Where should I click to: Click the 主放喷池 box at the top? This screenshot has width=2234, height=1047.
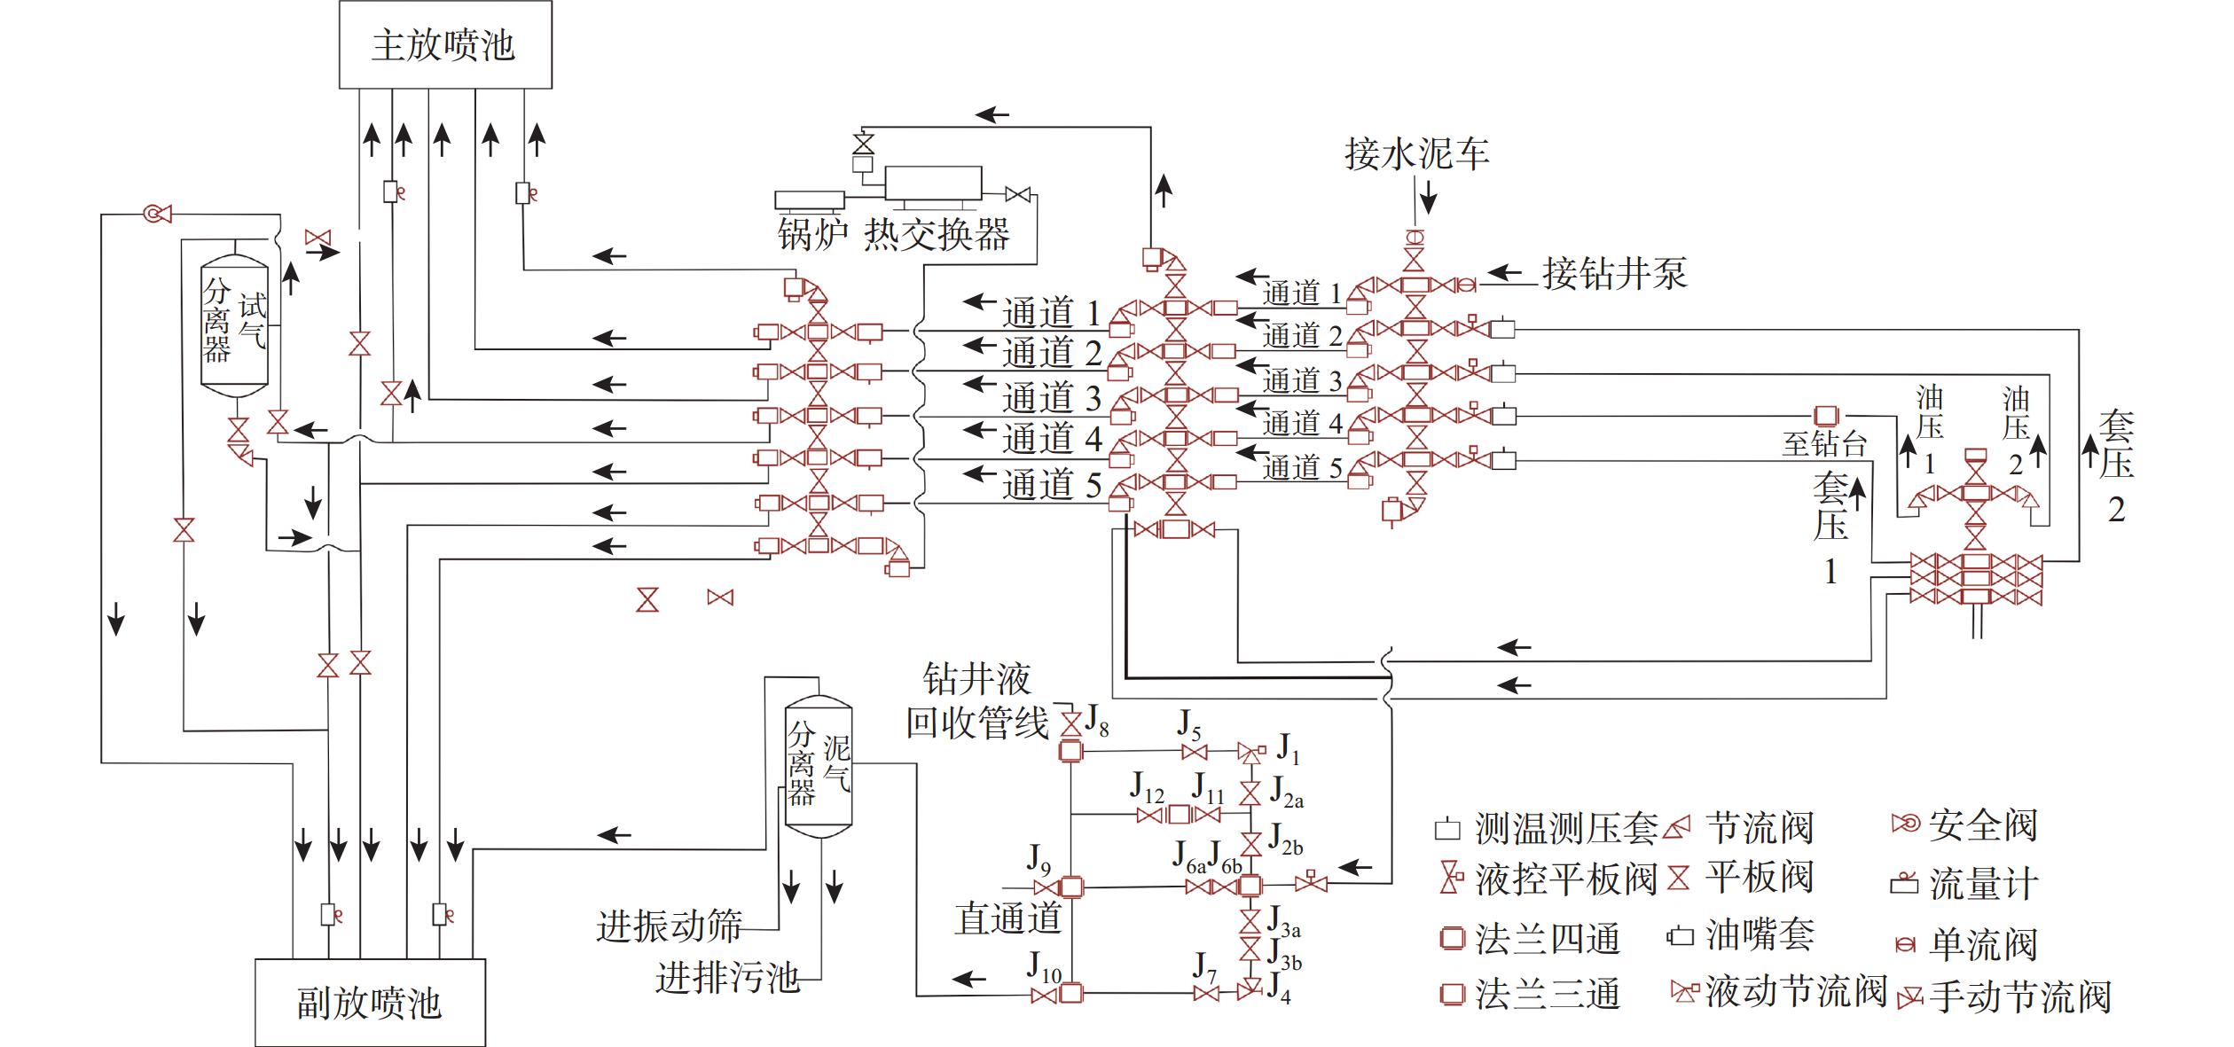tap(444, 44)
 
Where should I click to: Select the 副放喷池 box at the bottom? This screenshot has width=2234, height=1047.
tap(369, 1003)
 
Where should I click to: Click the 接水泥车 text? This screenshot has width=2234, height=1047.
tap(1416, 154)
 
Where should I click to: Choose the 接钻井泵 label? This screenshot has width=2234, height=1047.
tap(1614, 273)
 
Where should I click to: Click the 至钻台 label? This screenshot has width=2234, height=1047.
tap(1824, 443)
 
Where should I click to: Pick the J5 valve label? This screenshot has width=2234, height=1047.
tap(1189, 726)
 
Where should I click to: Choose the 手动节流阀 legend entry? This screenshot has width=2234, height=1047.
tap(2019, 997)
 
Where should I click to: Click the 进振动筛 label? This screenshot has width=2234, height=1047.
tap(669, 926)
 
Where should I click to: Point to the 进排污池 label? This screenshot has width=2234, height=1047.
tap(727, 978)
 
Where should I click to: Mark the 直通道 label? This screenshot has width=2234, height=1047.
tap(1008, 918)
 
